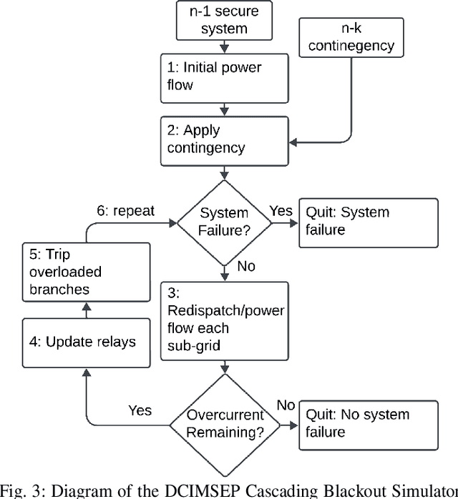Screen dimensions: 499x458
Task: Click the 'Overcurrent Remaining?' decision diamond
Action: (x=226, y=424)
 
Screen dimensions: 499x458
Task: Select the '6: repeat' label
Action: (x=125, y=211)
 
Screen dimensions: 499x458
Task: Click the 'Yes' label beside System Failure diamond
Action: (x=281, y=211)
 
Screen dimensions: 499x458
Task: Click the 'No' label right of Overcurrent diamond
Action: (x=286, y=405)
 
